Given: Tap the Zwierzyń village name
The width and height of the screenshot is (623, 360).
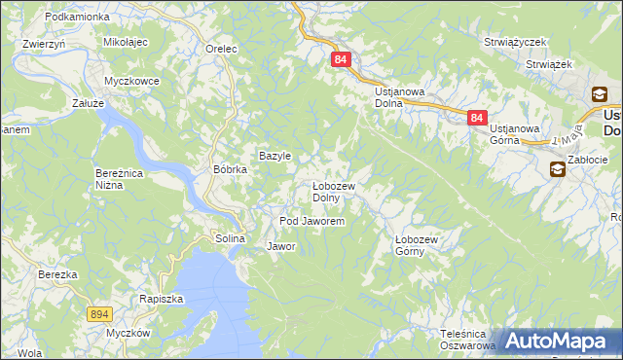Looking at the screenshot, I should (x=44, y=44).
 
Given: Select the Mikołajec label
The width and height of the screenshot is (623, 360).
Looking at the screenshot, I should (x=125, y=44).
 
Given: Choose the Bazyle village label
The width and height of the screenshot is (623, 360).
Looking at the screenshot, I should (x=275, y=156).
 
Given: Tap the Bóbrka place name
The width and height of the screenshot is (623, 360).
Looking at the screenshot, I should (x=231, y=169).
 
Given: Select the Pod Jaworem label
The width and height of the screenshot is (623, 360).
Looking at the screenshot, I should (x=312, y=222).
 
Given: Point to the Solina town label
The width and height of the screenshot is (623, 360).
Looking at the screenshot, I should (x=230, y=238).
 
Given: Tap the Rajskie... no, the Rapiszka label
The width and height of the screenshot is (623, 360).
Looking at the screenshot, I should (x=162, y=299).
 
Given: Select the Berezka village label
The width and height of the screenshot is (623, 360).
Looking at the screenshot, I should (x=57, y=274).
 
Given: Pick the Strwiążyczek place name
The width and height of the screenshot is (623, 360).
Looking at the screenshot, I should (x=516, y=43).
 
